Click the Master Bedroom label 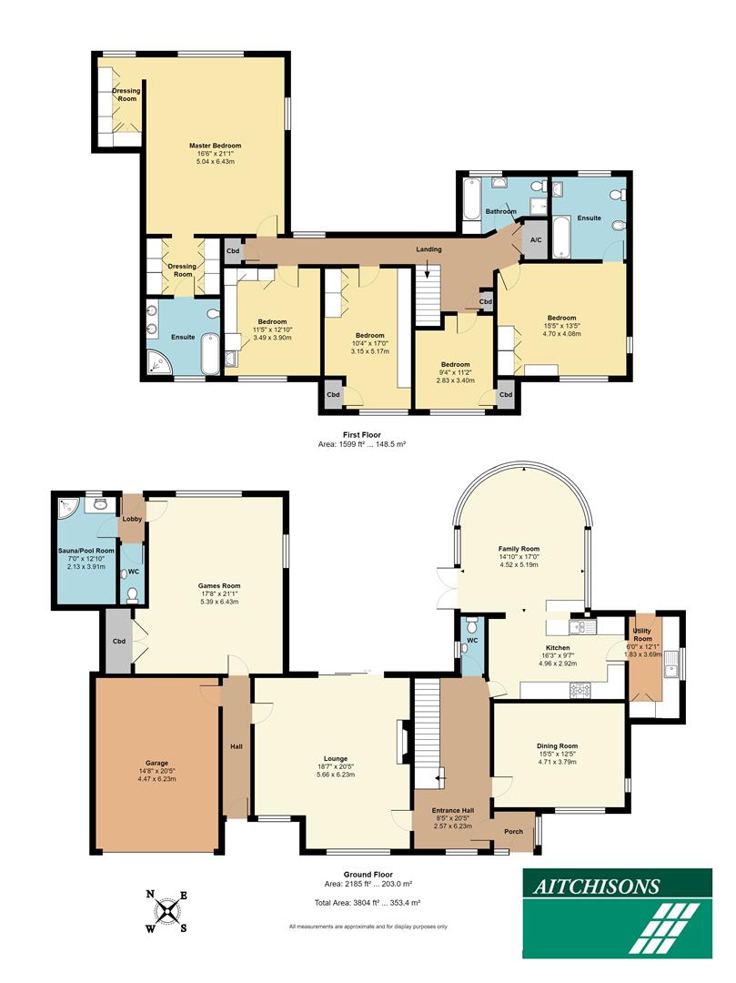215,146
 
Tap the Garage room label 156,763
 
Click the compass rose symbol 167,911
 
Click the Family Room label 519,550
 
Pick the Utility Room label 647,635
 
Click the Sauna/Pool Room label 81,551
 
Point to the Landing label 428,249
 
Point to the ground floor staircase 427,728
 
